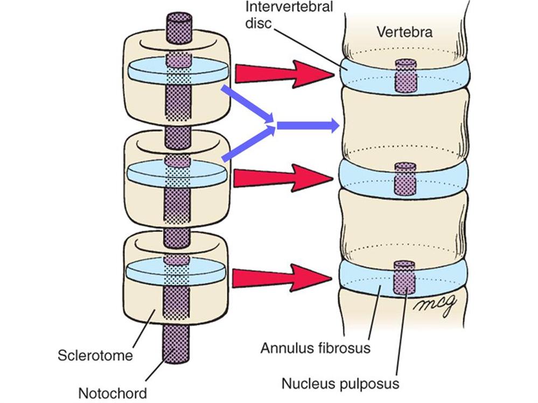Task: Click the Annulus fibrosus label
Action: coord(316,348)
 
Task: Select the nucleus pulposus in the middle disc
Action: coord(406,179)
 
